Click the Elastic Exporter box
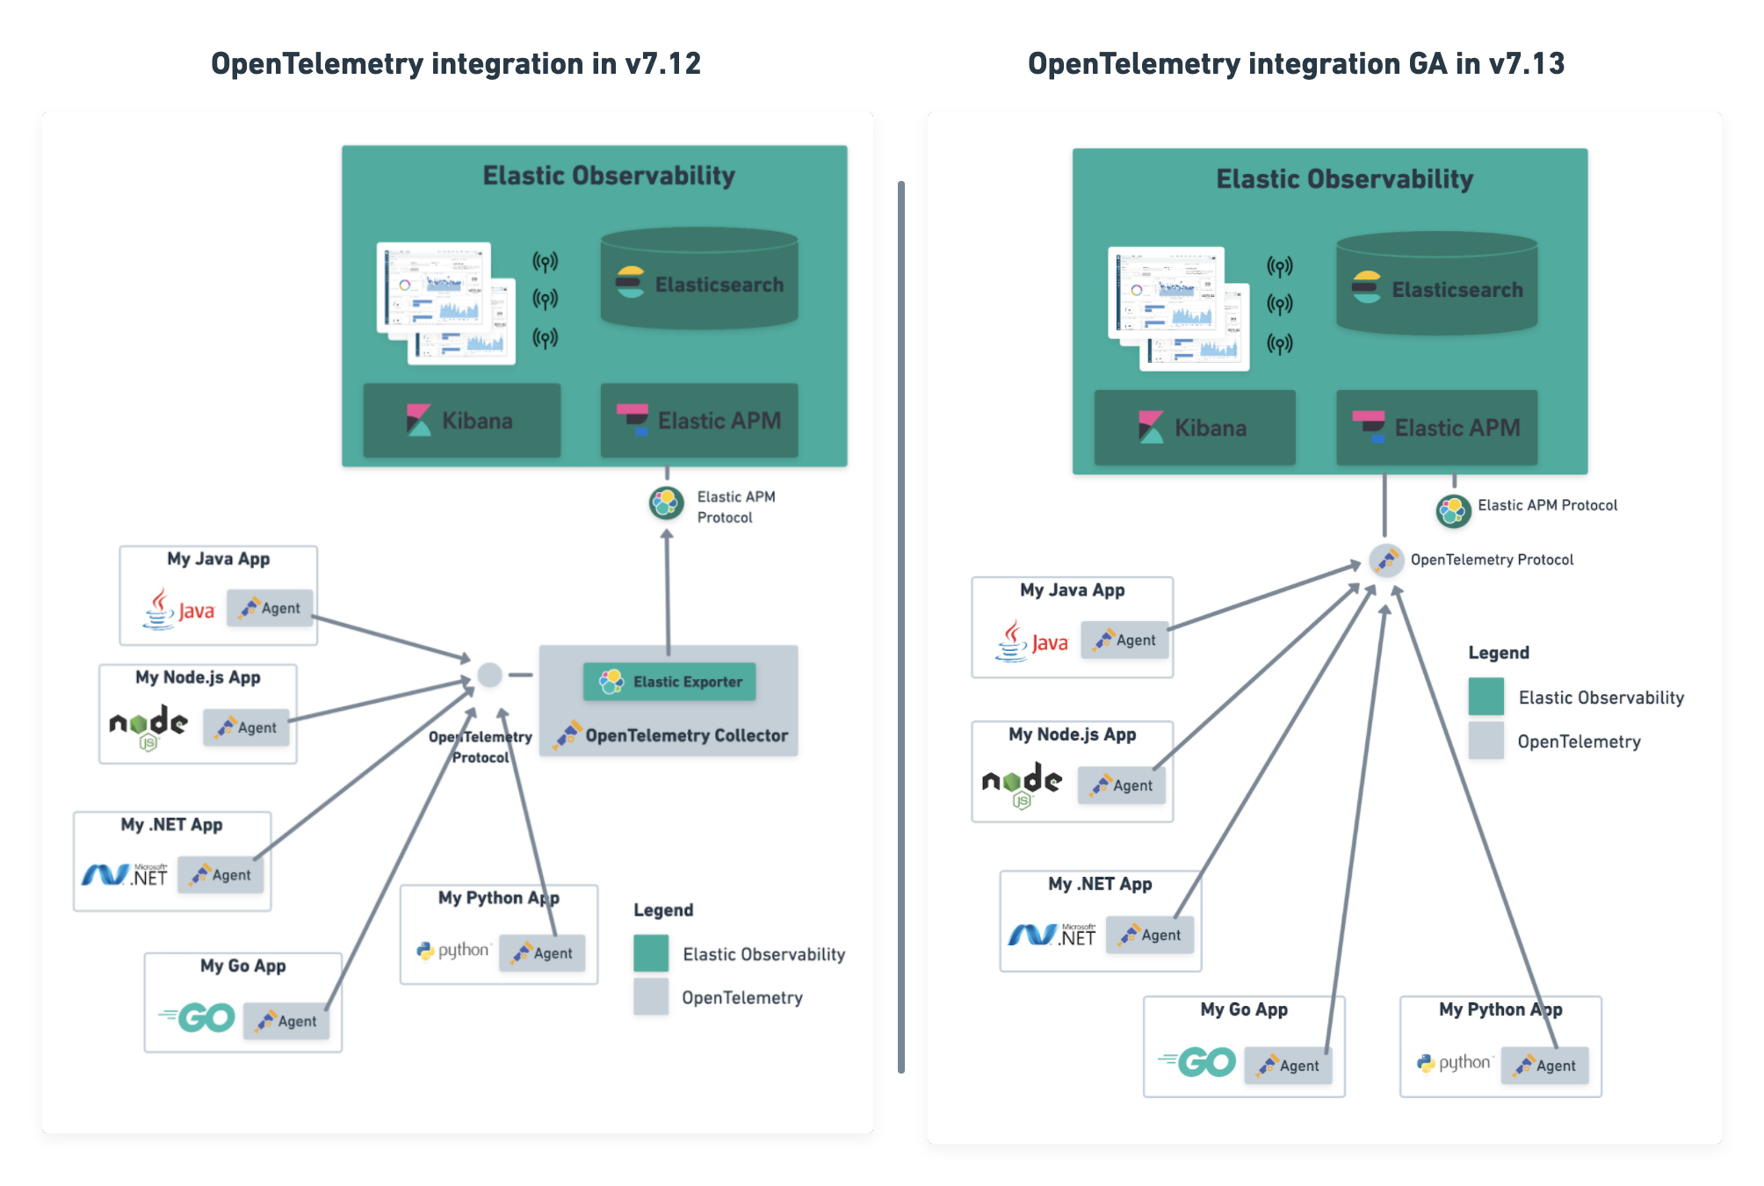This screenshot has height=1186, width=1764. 669,682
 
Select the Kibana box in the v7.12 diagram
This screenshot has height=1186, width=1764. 462,420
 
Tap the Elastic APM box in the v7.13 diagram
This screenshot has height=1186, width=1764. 1436,428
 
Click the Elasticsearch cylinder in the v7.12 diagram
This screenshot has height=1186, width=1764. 699,280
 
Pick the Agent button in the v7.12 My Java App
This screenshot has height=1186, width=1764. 270,608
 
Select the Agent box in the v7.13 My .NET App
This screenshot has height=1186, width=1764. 1150,936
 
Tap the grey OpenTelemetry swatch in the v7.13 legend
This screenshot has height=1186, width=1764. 1486,741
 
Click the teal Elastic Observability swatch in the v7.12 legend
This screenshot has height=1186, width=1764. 651,953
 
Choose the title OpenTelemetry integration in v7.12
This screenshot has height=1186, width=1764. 455,63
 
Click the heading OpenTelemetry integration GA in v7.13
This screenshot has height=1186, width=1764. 1296,63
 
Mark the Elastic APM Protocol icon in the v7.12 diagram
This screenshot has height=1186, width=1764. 667,503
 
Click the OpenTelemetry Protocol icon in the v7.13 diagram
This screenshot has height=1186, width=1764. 1385,560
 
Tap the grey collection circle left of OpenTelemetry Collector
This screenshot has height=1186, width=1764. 489,675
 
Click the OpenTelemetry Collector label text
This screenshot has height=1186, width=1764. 686,736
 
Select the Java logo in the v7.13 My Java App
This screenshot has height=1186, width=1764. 1032,641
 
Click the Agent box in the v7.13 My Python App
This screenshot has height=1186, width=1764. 1544,1066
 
